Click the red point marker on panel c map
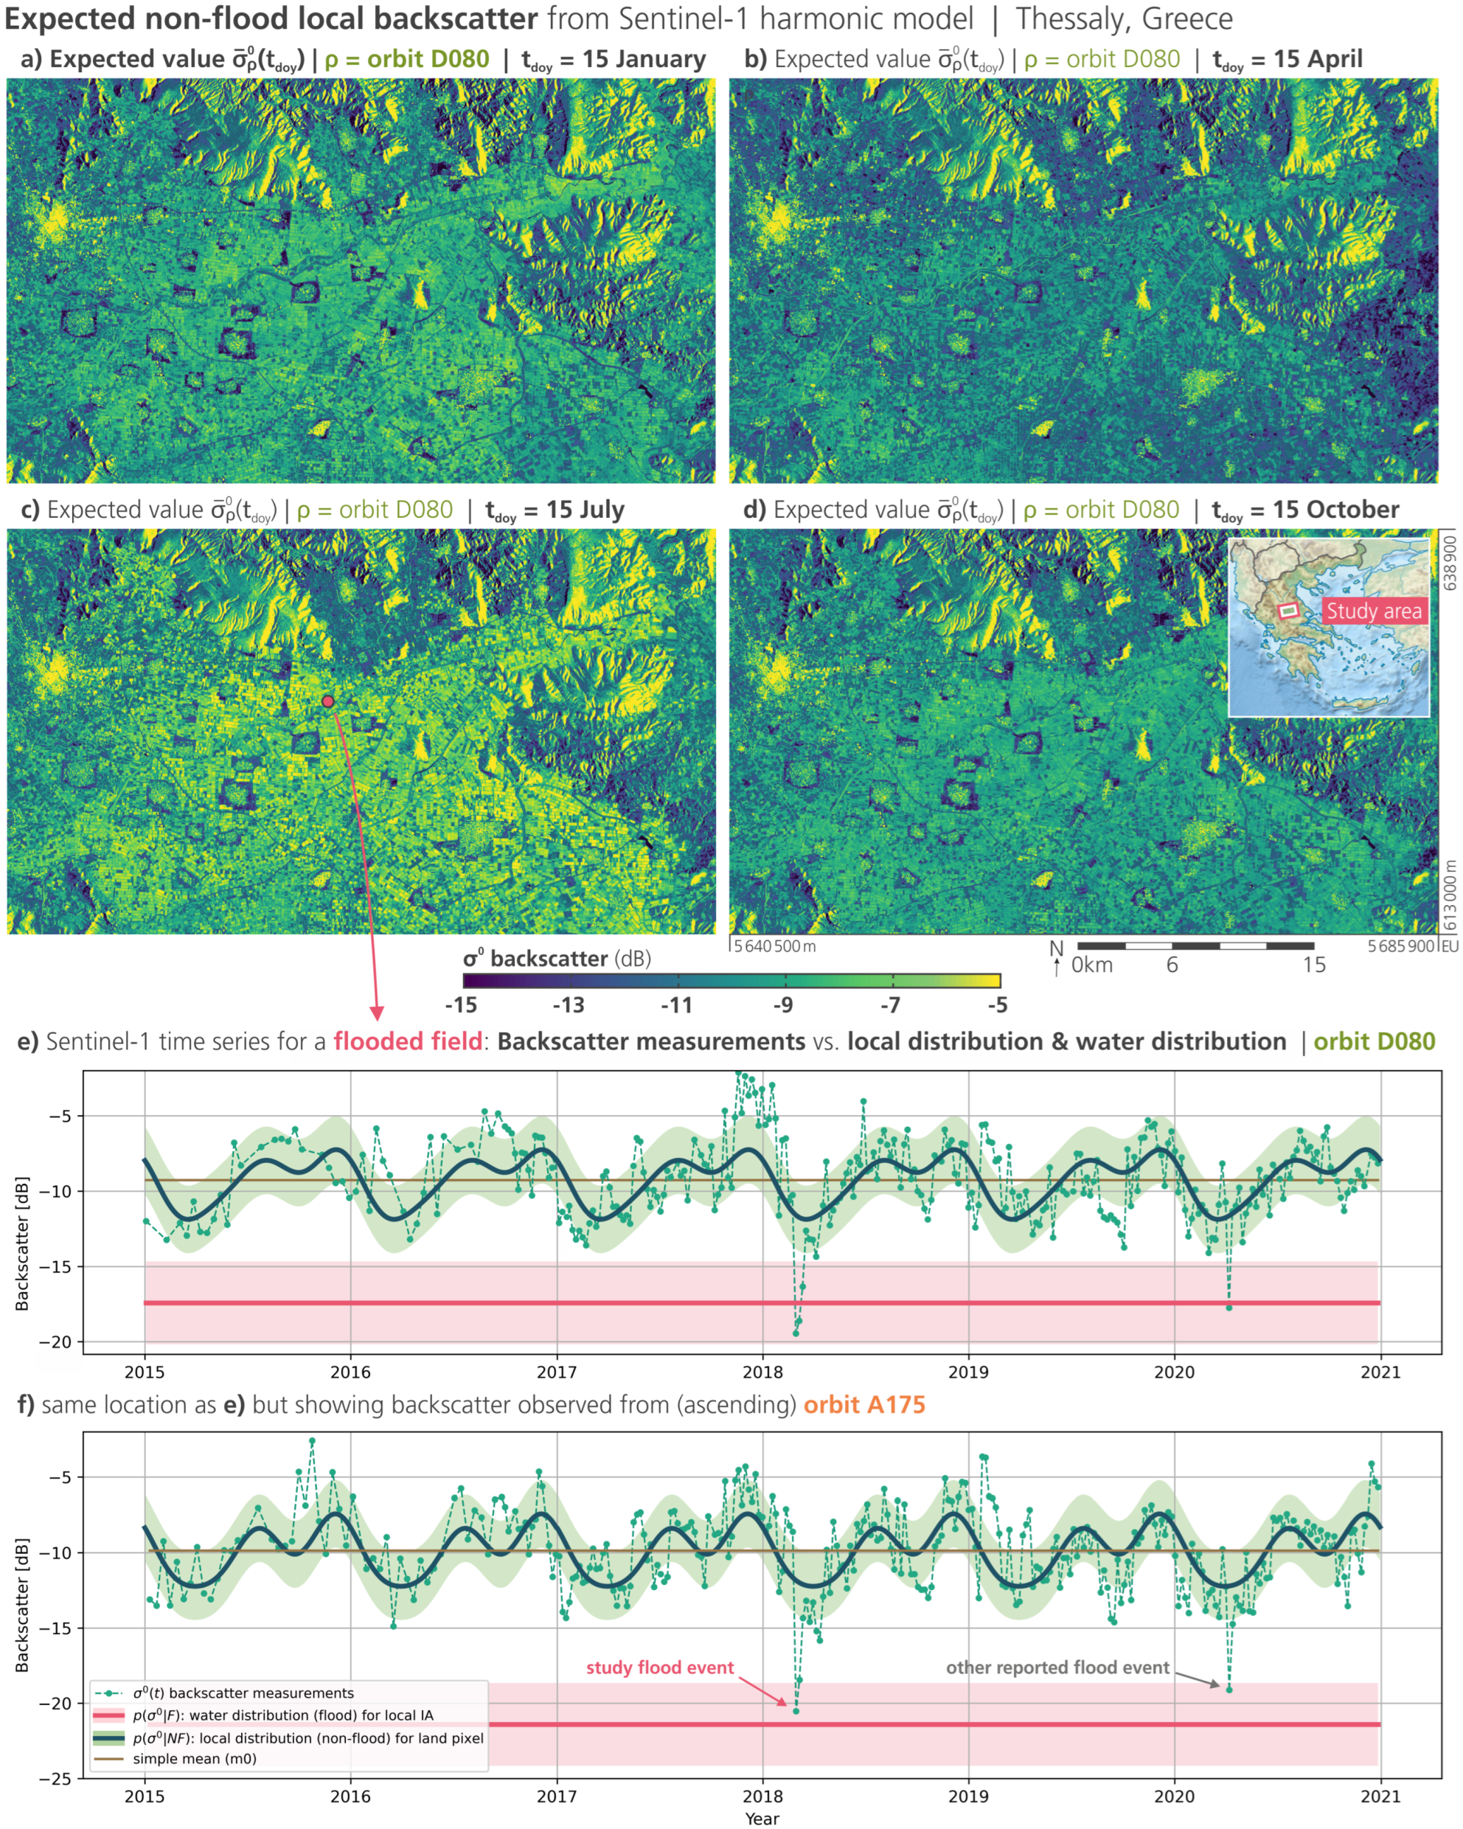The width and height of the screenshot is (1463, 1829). click(328, 701)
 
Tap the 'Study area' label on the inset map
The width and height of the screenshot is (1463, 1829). click(1373, 611)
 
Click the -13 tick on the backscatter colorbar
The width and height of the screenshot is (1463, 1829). click(569, 1005)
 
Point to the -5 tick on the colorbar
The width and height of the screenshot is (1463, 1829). click(998, 1005)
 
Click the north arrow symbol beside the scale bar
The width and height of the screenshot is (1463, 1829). click(1056, 957)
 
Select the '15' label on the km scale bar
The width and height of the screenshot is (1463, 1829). click(1314, 965)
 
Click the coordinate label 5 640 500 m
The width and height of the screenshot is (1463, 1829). click(774, 946)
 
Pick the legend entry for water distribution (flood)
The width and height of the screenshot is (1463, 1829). click(282, 1715)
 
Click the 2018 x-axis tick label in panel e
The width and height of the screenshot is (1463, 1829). click(762, 1372)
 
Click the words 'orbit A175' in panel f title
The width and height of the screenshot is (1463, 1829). click(864, 1405)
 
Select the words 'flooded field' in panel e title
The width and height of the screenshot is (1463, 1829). click(408, 1042)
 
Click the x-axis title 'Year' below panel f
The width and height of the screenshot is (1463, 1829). click(762, 1818)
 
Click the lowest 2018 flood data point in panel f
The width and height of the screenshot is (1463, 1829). click(796, 1711)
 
